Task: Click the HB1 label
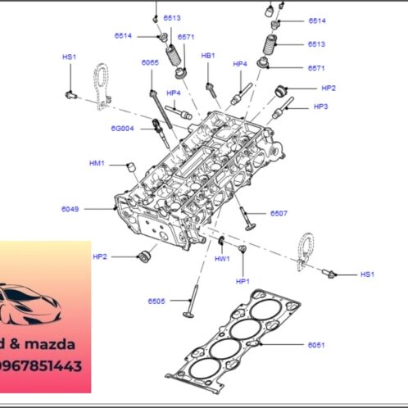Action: tap(208, 55)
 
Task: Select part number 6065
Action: tap(149, 62)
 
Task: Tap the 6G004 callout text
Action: tap(122, 128)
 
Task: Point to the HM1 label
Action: tap(97, 164)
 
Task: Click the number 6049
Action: tap(70, 209)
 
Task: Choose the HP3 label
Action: tap(321, 107)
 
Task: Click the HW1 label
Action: tap(222, 258)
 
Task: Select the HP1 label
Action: tap(243, 281)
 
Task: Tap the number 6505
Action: tap(156, 301)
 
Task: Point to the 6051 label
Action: tap(317, 345)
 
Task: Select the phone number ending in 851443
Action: tap(41, 366)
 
